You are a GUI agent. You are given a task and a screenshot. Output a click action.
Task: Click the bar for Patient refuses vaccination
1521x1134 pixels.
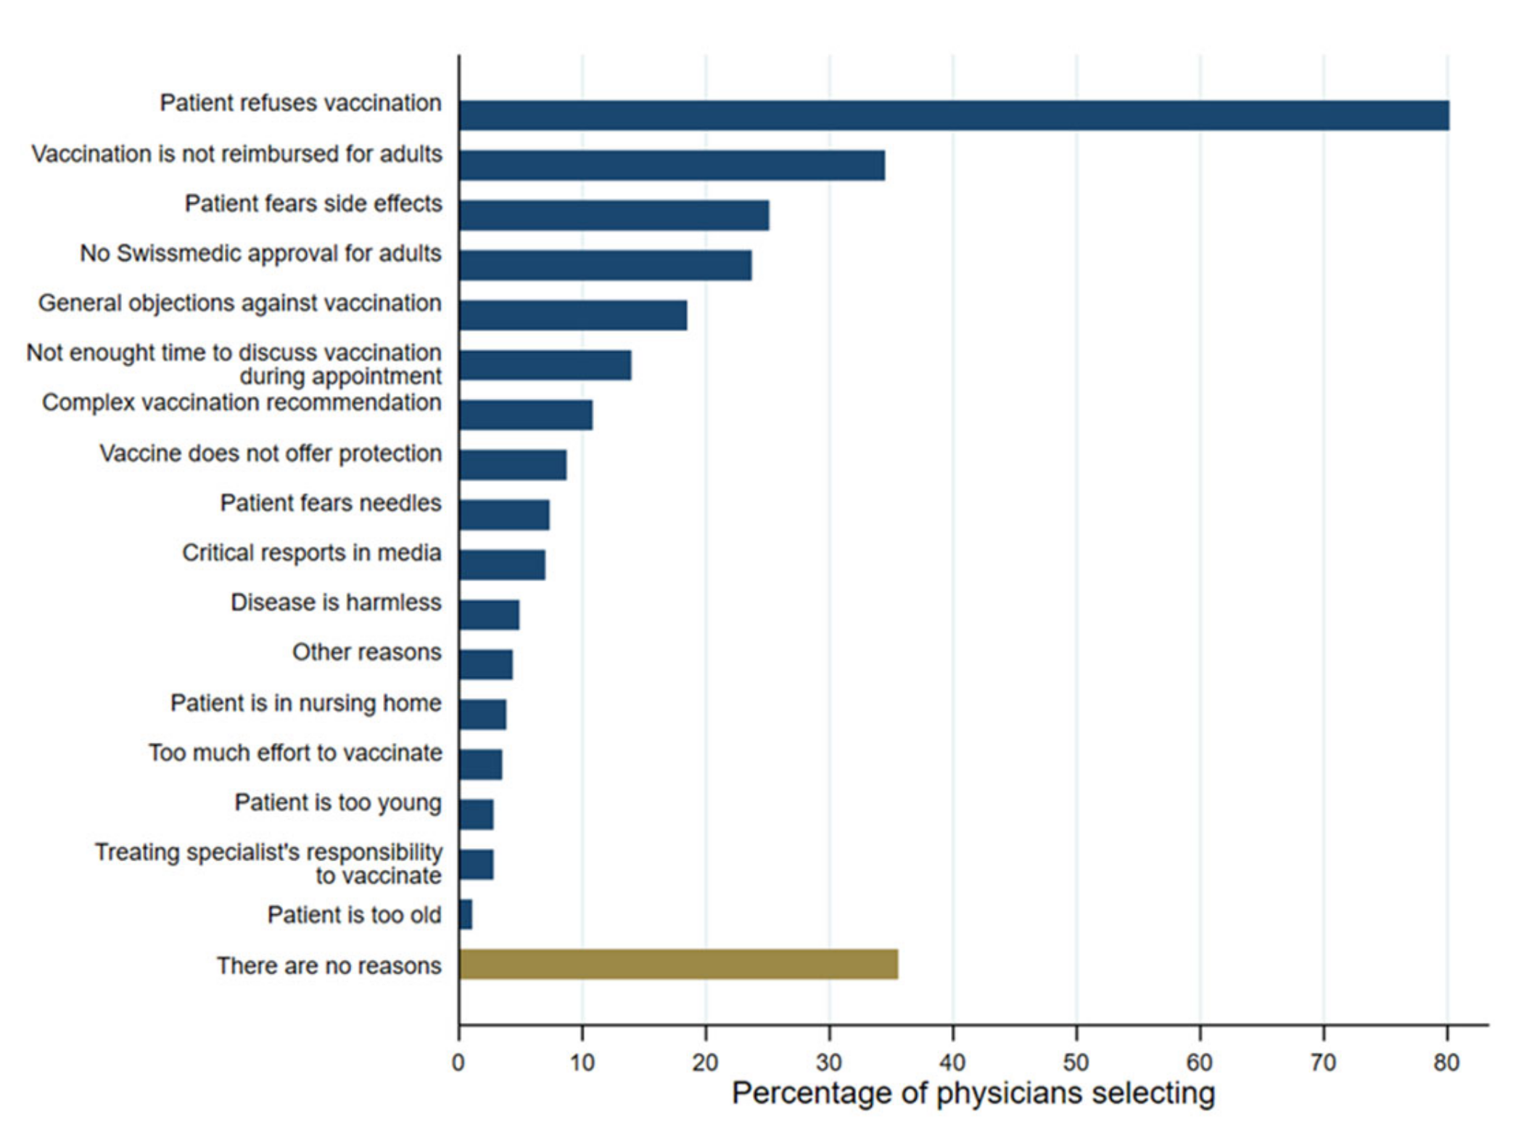(x=953, y=115)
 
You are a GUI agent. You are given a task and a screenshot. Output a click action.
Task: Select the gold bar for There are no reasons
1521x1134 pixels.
(x=678, y=964)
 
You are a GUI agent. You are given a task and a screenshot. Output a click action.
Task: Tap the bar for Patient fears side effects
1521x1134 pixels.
(x=614, y=215)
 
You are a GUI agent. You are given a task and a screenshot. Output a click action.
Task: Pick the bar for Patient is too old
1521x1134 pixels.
(x=466, y=914)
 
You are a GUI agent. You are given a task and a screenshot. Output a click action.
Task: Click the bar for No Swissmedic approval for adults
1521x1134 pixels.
(x=605, y=265)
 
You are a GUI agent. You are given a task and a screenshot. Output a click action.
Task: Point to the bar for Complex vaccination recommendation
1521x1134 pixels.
(x=525, y=414)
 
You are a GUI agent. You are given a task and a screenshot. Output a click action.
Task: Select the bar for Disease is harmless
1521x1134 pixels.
(x=489, y=615)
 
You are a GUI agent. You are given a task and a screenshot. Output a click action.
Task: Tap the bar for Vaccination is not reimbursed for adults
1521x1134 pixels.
(x=672, y=165)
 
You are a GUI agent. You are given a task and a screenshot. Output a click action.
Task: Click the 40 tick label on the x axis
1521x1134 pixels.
(x=952, y=1062)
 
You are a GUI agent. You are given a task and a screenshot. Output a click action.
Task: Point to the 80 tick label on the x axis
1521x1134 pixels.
(x=1446, y=1062)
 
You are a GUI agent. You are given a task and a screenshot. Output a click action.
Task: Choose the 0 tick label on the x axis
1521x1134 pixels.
(x=458, y=1062)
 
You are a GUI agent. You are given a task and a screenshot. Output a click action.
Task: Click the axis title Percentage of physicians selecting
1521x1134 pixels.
(x=973, y=1093)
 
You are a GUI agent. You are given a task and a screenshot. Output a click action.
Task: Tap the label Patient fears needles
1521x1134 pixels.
(x=331, y=503)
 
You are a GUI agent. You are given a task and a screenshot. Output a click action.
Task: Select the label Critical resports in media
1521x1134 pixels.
(x=311, y=553)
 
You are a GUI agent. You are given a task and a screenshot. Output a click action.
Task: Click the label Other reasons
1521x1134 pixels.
(x=366, y=652)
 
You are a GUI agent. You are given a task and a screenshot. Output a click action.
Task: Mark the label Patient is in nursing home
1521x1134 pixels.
(x=305, y=703)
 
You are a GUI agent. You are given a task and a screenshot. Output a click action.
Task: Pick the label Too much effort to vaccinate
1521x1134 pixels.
(x=295, y=752)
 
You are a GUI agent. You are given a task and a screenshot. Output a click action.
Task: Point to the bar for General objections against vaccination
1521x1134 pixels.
(x=572, y=315)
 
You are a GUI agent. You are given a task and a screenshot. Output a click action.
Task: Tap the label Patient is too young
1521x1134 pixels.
(x=338, y=802)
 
